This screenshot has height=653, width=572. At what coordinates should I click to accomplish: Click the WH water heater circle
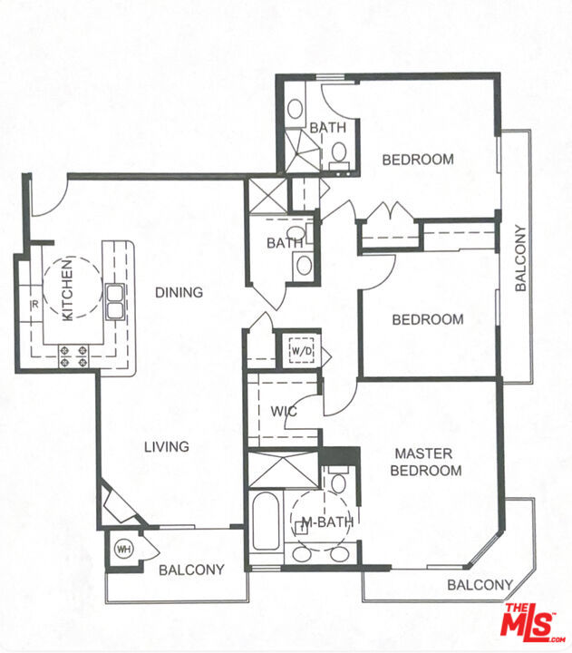pyautogui.click(x=123, y=549)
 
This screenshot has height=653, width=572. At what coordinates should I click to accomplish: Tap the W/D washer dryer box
pyautogui.click(x=301, y=351)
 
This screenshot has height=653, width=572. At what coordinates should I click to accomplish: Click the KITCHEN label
pyautogui.click(x=67, y=289)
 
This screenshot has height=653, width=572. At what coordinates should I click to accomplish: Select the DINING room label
pyautogui.click(x=179, y=292)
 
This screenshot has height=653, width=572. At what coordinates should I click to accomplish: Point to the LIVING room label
pyautogui.click(x=167, y=447)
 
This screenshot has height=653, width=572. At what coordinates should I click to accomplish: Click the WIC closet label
pyautogui.click(x=284, y=412)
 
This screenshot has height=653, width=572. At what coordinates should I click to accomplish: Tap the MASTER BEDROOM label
pyautogui.click(x=425, y=462)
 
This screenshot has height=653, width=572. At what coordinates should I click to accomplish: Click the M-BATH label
pyautogui.click(x=327, y=521)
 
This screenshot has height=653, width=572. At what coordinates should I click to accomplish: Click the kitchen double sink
pyautogui.click(x=114, y=301)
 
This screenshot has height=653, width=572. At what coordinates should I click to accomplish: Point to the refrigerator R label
pyautogui.click(x=35, y=305)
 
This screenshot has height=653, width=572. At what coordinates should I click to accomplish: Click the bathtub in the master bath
pyautogui.click(x=266, y=520)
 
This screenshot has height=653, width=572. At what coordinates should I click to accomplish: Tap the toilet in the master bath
pyautogui.click(x=338, y=480)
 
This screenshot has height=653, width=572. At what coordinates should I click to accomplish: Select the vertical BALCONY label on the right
pyautogui.click(x=520, y=258)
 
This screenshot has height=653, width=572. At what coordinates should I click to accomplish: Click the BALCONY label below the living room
pyautogui.click(x=191, y=570)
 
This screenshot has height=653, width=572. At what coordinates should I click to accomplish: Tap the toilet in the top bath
pyautogui.click(x=339, y=154)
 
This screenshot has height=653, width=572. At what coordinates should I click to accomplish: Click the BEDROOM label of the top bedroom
pyautogui.click(x=418, y=160)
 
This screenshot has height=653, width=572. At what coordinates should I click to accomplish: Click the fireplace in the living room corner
pyautogui.click(x=121, y=504)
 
